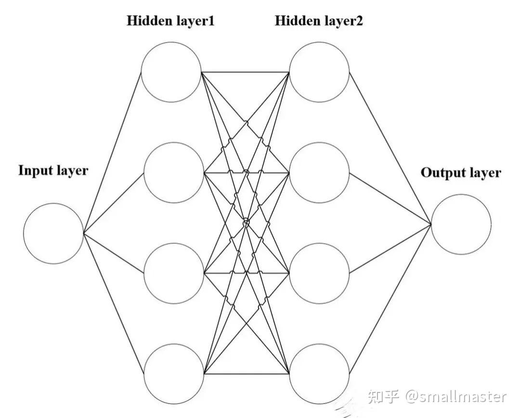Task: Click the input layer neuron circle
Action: [53, 233]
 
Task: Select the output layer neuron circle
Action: [461, 224]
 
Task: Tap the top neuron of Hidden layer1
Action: [171, 72]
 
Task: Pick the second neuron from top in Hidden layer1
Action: [173, 172]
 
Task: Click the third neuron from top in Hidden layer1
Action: [173, 273]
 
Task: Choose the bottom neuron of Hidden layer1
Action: [173, 374]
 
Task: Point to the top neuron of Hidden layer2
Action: [319, 72]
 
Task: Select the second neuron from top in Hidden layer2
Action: [319, 172]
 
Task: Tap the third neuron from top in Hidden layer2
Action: [319, 273]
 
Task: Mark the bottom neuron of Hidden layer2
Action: [319, 374]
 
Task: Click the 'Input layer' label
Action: [53, 170]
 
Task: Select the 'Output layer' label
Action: [461, 173]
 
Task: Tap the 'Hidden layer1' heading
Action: [170, 21]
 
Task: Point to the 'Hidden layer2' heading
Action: [319, 21]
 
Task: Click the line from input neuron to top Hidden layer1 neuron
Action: [112, 153]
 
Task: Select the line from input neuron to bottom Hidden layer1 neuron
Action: [114, 303]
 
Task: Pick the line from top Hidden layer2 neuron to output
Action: [390, 148]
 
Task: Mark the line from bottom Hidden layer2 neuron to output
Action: [390, 299]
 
